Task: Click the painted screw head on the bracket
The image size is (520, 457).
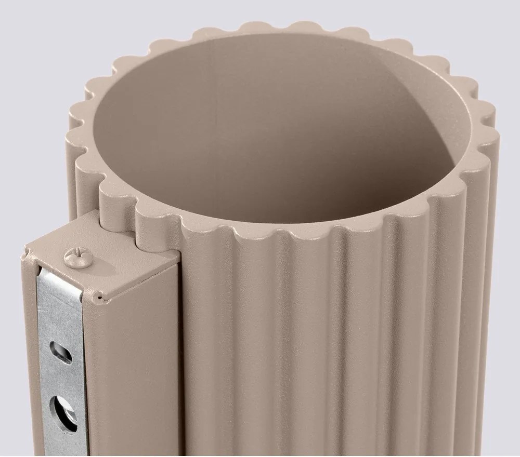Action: click(x=72, y=256)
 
